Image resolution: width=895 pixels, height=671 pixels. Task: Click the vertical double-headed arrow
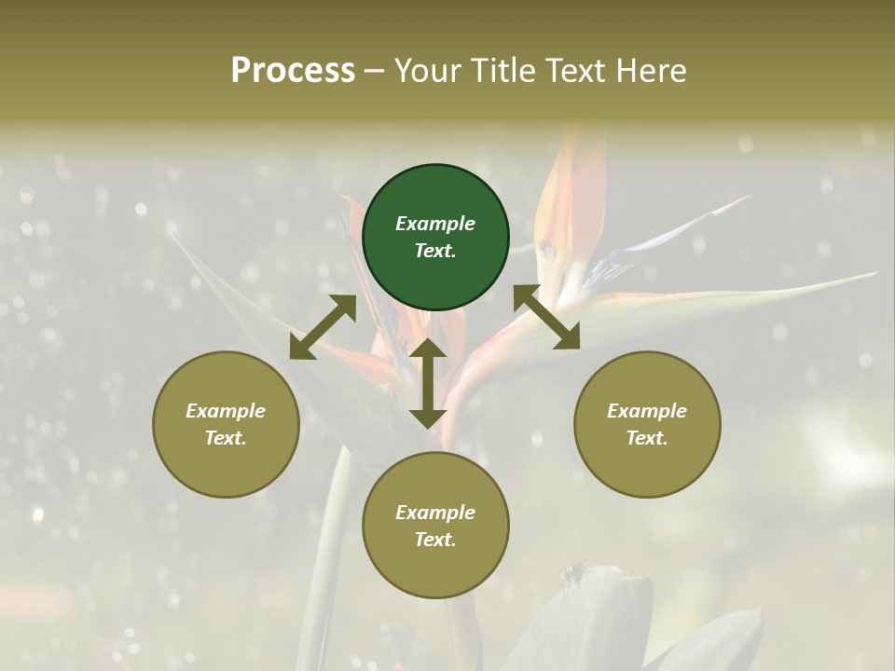[428, 383]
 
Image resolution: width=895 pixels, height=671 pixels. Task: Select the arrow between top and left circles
[323, 326]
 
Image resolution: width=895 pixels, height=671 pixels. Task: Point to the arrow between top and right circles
[546, 317]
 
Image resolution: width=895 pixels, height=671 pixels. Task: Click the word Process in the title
[293, 70]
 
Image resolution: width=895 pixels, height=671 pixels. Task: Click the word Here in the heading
[650, 70]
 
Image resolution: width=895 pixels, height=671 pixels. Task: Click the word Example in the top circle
[435, 224]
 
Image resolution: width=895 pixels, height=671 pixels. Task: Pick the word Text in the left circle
[225, 438]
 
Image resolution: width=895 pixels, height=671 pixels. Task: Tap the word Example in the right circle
[647, 411]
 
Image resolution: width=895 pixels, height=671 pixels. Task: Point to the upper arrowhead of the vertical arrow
[428, 348]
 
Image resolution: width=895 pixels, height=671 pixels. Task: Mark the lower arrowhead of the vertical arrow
[428, 418]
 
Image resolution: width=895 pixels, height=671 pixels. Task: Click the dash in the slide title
[375, 72]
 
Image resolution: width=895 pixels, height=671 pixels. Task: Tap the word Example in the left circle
[226, 411]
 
